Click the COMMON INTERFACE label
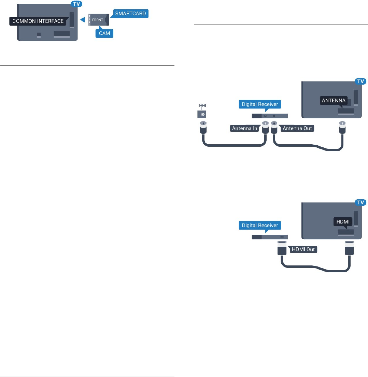pyautogui.click(x=38, y=21)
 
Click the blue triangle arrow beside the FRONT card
pyautogui.click(x=82, y=20)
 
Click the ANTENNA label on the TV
pyautogui.click(x=333, y=101)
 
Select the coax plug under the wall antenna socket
pyautogui.click(x=203, y=128)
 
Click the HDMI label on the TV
pyautogui.click(x=342, y=222)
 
